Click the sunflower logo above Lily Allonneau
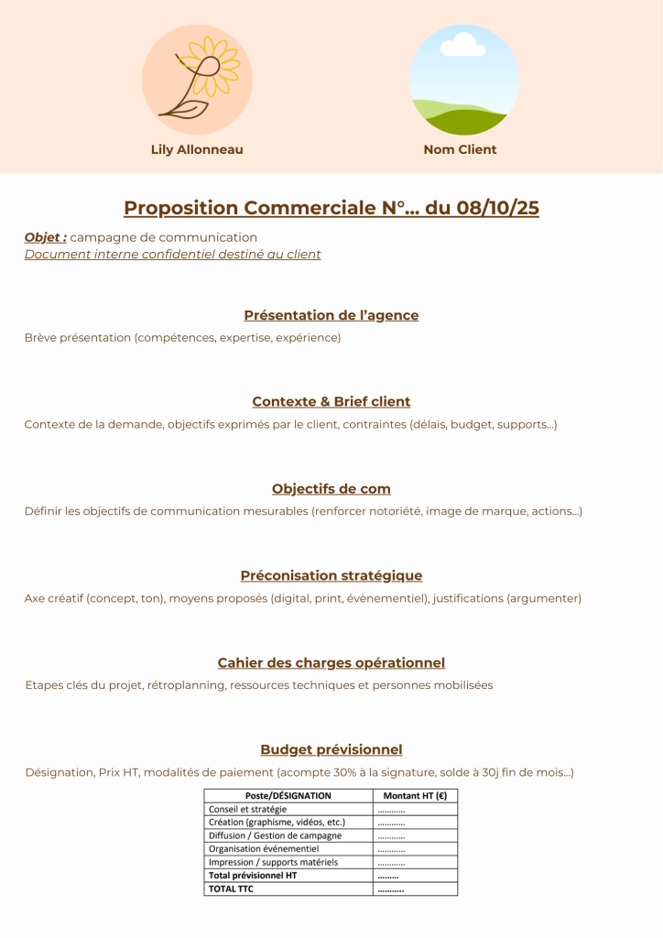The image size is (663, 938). [x=197, y=81]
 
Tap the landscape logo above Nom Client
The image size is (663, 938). [x=464, y=81]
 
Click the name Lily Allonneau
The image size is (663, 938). [x=197, y=149]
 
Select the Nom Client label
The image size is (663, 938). [x=460, y=149]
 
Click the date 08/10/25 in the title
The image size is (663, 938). [x=498, y=208]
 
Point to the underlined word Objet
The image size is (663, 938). [x=45, y=237]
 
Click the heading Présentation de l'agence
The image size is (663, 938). [x=331, y=315]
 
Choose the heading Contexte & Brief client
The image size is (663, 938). [x=331, y=401]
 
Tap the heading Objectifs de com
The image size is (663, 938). [x=331, y=488]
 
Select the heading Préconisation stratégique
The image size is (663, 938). [x=331, y=575]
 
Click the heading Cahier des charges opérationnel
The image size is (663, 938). [x=331, y=662]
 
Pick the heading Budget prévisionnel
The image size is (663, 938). [x=331, y=749]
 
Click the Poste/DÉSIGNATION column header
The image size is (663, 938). [x=288, y=796]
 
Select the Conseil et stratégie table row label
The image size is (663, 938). [x=247, y=810]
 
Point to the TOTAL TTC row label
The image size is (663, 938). [x=231, y=889]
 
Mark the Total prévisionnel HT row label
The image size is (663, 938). [x=253, y=876]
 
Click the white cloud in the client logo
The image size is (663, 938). [x=463, y=43]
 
